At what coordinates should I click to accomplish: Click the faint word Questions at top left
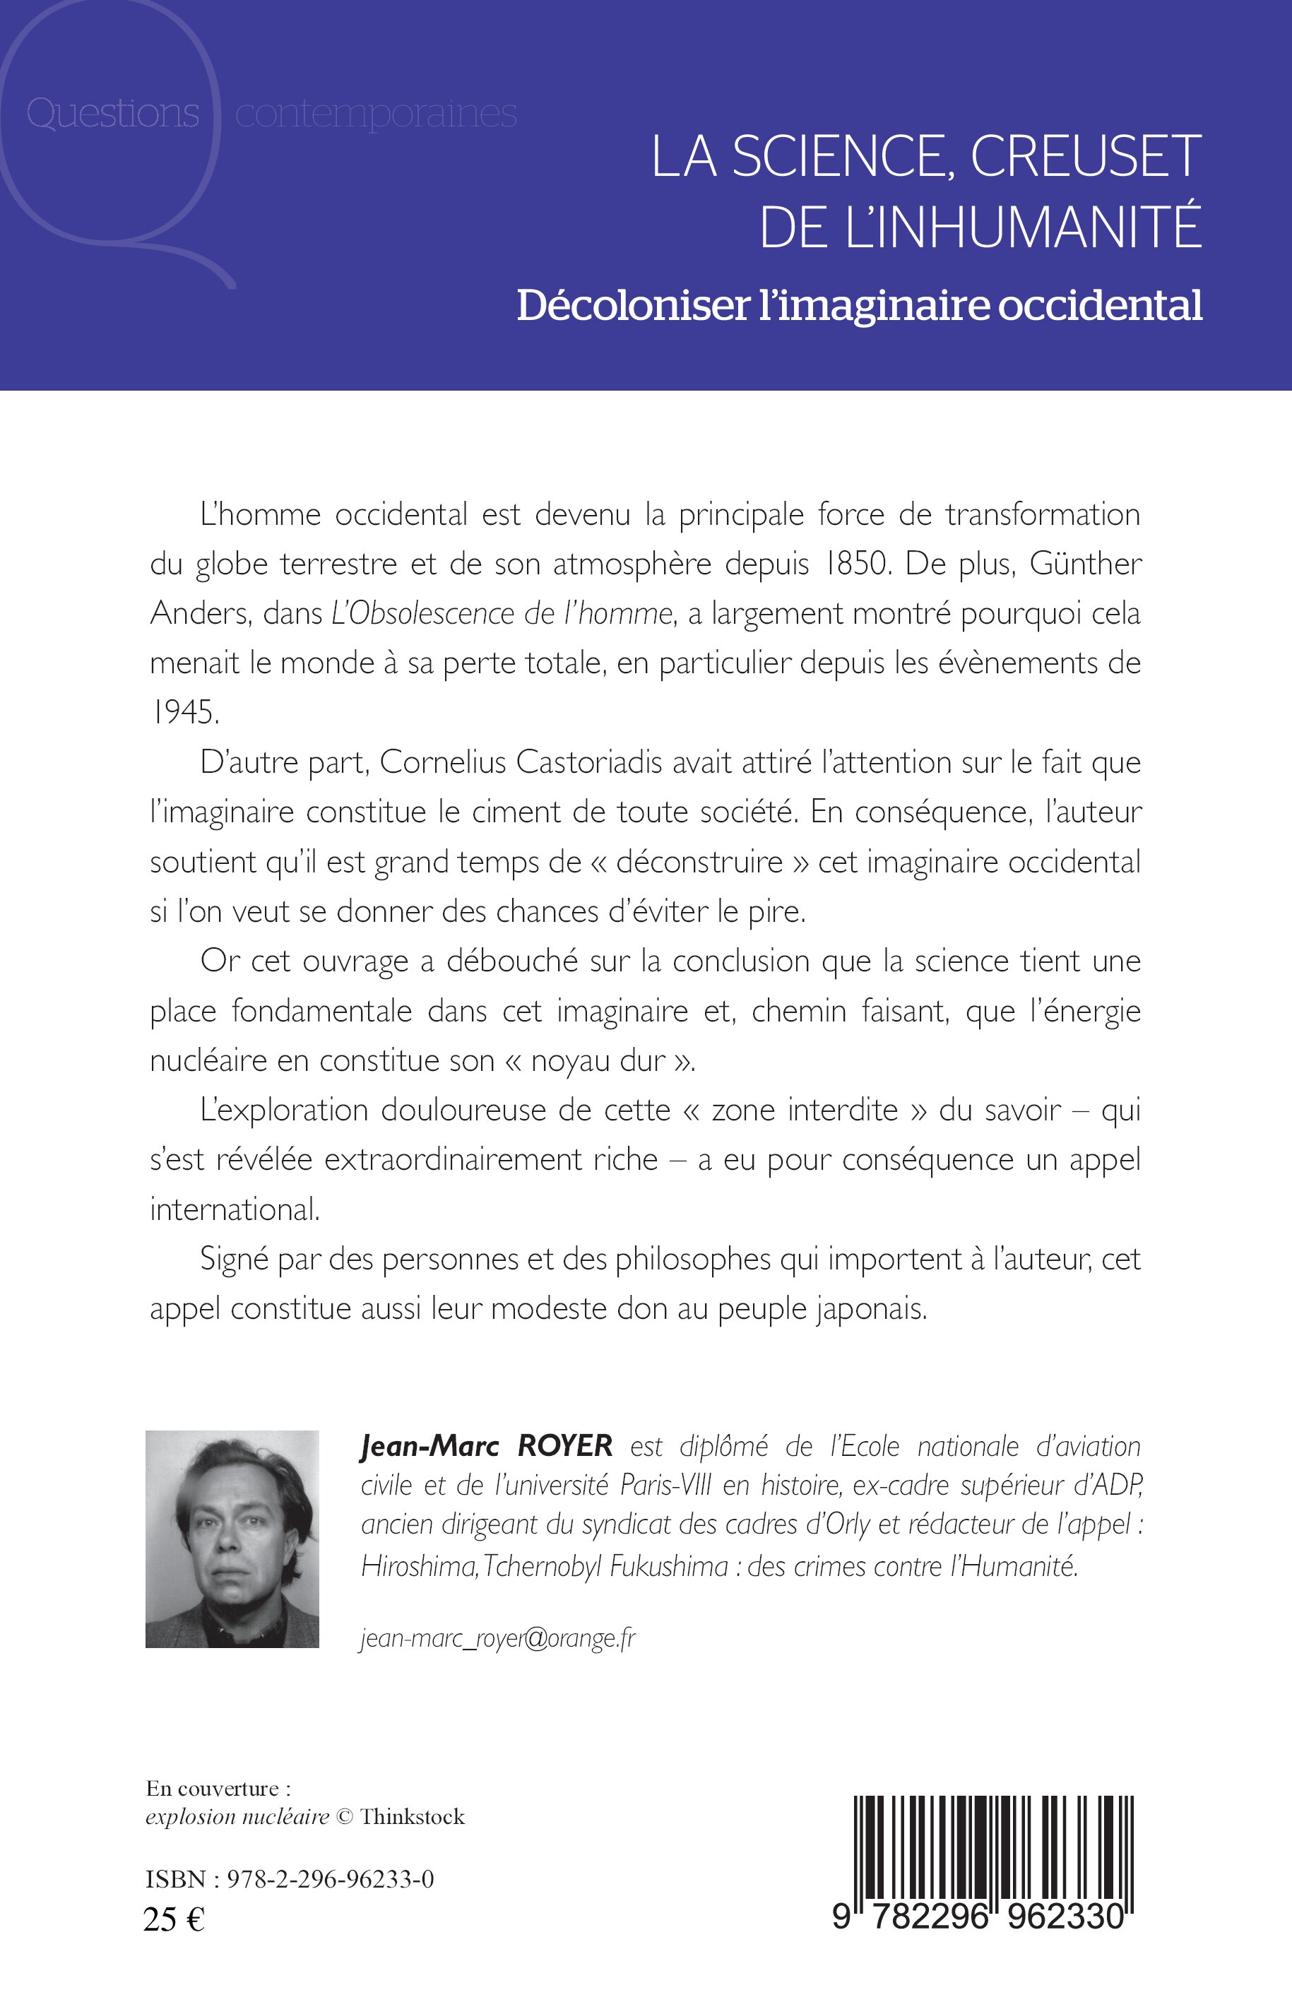point(112,113)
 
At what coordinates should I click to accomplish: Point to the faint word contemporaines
point(376,113)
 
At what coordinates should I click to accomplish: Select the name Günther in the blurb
point(1086,564)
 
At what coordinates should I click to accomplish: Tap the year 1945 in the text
point(184,712)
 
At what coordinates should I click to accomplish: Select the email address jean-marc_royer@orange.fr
point(498,1638)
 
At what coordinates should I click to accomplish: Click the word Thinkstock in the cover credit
point(412,1817)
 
